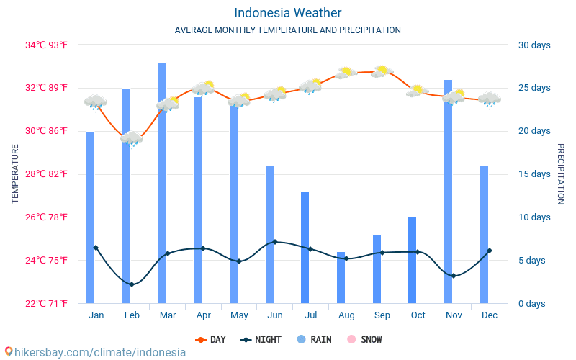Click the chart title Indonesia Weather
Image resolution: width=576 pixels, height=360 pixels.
(287, 13)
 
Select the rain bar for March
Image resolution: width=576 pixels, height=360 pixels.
(162, 187)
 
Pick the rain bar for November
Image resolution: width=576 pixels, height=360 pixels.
(448, 194)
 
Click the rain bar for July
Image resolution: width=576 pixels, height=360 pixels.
(305, 248)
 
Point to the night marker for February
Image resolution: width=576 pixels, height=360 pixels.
(132, 284)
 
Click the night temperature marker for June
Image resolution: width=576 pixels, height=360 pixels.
(274, 242)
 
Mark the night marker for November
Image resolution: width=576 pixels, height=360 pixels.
(453, 276)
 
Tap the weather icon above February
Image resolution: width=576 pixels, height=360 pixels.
(132, 138)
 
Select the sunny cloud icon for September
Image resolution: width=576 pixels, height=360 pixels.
(382, 71)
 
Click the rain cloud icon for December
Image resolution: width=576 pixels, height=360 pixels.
(490, 99)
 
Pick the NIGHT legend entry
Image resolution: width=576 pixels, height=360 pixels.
(262, 339)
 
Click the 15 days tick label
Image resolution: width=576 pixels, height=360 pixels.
(534, 174)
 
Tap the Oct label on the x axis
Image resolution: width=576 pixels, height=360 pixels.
(418, 315)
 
